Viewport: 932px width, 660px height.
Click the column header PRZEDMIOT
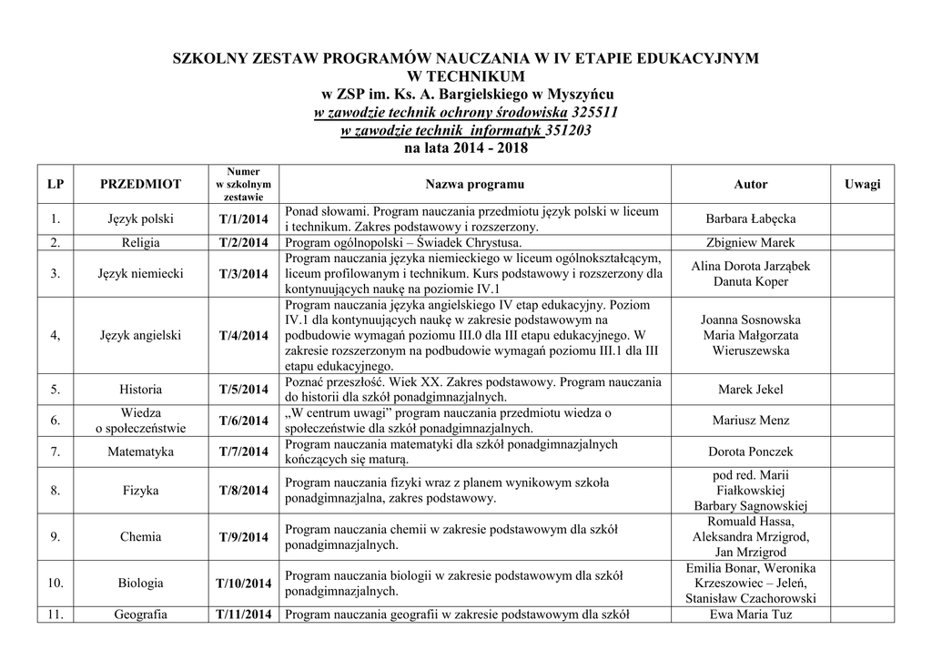(140, 184)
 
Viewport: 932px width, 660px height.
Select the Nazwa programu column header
(474, 184)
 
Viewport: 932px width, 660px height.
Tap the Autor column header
(750, 184)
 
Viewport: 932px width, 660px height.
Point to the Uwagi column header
(862, 184)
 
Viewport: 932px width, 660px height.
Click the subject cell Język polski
(140, 219)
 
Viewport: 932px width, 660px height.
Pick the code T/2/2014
(243, 243)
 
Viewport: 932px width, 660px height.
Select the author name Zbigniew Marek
(750, 243)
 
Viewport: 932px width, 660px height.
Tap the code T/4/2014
(243, 336)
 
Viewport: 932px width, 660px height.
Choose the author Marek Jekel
(750, 390)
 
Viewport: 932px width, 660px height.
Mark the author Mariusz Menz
(750, 421)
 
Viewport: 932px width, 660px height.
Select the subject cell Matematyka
(140, 452)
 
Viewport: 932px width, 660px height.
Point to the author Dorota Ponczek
(750, 452)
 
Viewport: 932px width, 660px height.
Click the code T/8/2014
(243, 491)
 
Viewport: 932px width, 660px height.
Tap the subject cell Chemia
(140, 537)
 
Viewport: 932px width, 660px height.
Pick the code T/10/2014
(243, 584)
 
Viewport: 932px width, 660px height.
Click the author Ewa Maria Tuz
(750, 614)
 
